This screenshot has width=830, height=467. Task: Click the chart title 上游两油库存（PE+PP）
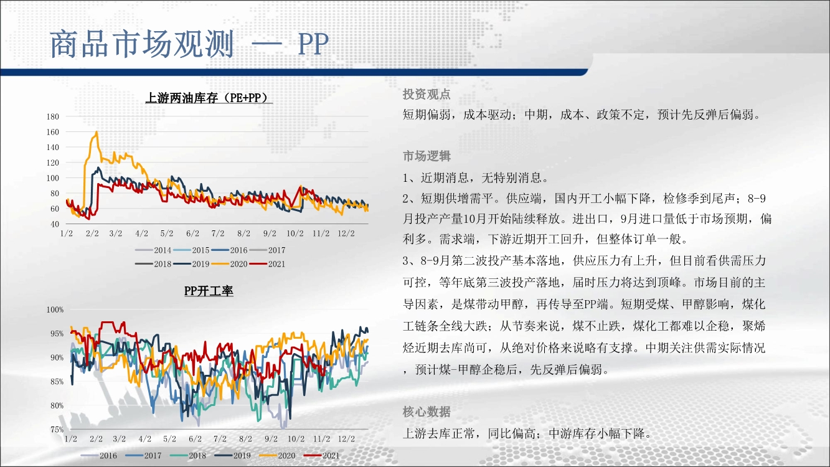pyautogui.click(x=209, y=98)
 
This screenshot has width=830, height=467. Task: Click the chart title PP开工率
pyautogui.click(x=209, y=291)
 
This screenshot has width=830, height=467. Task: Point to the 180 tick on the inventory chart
pyautogui.click(x=53, y=116)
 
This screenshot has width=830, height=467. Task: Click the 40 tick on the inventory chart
pyautogui.click(x=54, y=224)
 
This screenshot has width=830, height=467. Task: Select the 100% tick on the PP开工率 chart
pyautogui.click(x=55, y=309)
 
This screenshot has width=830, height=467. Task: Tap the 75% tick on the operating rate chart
pyautogui.click(x=57, y=430)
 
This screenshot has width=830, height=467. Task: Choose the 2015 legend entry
pyautogui.click(x=192, y=250)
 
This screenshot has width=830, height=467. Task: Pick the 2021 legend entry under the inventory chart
pyautogui.click(x=268, y=264)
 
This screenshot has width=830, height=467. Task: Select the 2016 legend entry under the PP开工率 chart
pyautogui.click(x=98, y=456)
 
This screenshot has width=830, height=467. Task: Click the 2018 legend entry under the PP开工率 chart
pyautogui.click(x=188, y=456)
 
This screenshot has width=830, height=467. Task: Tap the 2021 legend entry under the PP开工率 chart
pyautogui.click(x=322, y=456)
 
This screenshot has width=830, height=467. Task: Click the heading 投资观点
pyautogui.click(x=427, y=94)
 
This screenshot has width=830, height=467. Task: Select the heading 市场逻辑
pyautogui.click(x=427, y=156)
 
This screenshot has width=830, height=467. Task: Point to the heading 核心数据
pyautogui.click(x=427, y=412)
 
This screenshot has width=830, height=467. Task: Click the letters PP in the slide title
pyautogui.click(x=313, y=44)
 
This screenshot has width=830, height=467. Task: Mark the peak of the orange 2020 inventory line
pyautogui.click(x=97, y=131)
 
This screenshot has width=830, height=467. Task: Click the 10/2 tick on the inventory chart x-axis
pyautogui.click(x=295, y=233)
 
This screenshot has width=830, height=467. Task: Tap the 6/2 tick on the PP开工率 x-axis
pyautogui.click(x=195, y=439)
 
